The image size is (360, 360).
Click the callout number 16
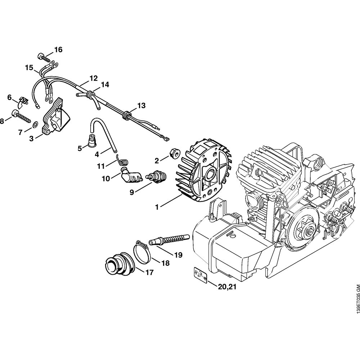[x=58, y=50]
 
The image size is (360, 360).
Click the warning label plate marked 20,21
[x=200, y=275]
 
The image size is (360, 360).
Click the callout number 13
[x=141, y=105]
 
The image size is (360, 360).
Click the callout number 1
[x=157, y=207]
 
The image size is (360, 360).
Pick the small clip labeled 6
[x=23, y=102]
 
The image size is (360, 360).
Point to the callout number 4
[x=97, y=154]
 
